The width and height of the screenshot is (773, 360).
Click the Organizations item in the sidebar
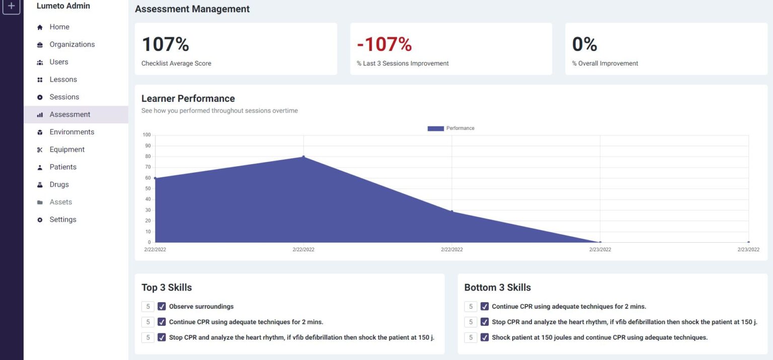coord(72,44)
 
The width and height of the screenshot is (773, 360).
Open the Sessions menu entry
coord(64,97)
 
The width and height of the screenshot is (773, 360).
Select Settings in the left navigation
coord(62,220)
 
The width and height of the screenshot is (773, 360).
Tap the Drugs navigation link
coord(59,184)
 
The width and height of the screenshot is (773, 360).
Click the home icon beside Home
coord(40,27)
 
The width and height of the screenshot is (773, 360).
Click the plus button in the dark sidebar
coord(12,7)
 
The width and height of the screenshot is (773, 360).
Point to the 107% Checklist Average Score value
coord(165,44)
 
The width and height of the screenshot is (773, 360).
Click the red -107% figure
coord(384,44)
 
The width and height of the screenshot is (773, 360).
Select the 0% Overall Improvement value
coord(584,44)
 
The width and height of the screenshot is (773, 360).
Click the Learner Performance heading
coord(188,98)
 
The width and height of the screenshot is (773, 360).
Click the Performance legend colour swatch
coord(435,128)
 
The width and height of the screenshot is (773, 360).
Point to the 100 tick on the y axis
coord(146,135)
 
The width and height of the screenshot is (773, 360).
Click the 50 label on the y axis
coord(147,189)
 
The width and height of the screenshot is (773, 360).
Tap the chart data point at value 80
coord(303,157)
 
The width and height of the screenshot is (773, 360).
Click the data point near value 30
coord(452,211)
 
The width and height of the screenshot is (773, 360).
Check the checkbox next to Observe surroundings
coord(162,306)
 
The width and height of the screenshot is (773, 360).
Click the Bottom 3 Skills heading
coord(497,287)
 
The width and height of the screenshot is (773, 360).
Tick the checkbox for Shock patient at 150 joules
coord(485,337)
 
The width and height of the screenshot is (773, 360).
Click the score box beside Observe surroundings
coord(147,306)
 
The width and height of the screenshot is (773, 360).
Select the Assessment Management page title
coord(192,9)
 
